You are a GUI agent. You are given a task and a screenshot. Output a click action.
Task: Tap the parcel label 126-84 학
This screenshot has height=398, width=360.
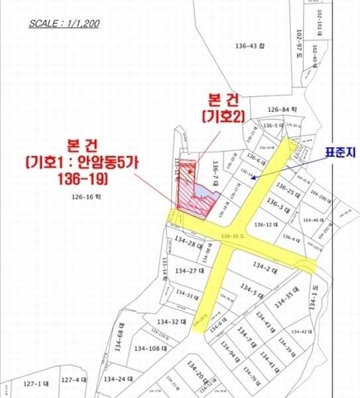(282, 109)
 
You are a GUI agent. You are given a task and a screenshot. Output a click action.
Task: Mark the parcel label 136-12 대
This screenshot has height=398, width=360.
(269, 224)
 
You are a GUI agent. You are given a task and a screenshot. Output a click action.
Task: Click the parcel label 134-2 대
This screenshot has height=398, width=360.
(265, 266)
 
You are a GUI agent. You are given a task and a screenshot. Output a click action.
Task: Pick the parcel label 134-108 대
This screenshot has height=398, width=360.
(149, 348)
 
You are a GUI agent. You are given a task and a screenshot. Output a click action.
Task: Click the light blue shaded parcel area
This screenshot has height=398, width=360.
(206, 194)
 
